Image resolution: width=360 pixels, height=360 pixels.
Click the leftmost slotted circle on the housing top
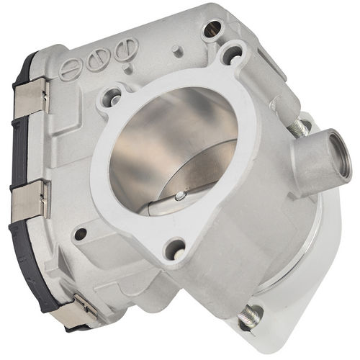[x=68, y=71]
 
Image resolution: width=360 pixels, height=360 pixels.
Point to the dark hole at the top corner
[x=212, y=29]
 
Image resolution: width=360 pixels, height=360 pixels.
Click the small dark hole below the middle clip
[x=81, y=233]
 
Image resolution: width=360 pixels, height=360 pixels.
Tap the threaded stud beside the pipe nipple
[x=297, y=129]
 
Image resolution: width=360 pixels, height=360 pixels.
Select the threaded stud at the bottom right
[x=252, y=315]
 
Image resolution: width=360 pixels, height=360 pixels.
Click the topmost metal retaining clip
[x=31, y=97]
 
